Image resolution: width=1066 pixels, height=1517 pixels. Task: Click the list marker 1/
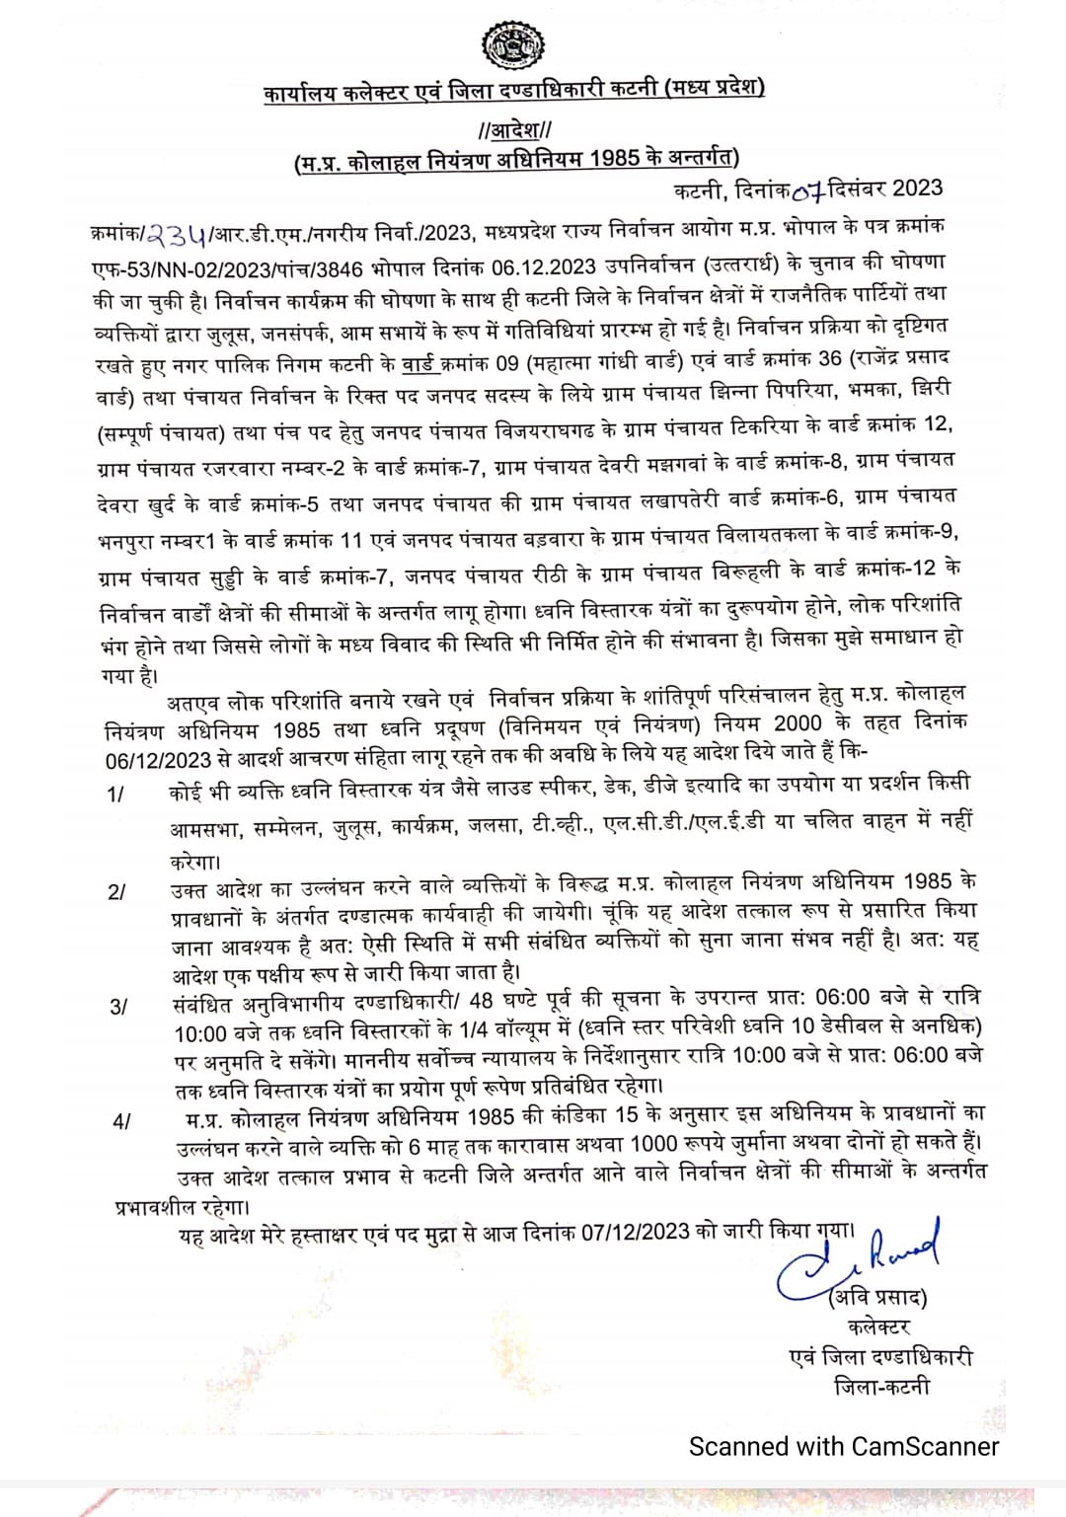tap(115, 795)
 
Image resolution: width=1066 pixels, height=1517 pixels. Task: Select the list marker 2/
tap(115, 890)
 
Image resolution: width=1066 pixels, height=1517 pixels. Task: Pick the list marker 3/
tap(117, 1006)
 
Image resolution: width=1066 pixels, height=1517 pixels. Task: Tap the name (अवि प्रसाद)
tap(877, 1296)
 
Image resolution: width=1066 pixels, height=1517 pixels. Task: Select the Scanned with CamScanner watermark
tap(844, 1446)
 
